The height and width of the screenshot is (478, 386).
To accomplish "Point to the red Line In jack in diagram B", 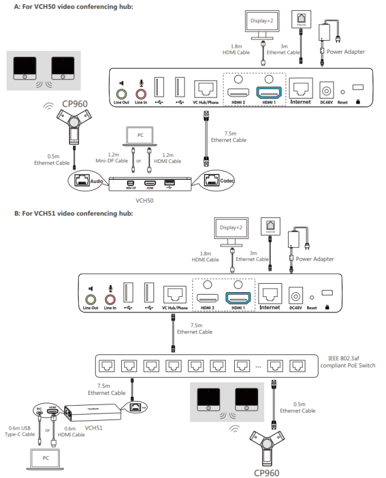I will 110,299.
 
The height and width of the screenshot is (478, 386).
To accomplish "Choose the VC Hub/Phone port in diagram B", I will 174,296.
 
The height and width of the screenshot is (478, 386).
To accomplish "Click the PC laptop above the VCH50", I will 141,137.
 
